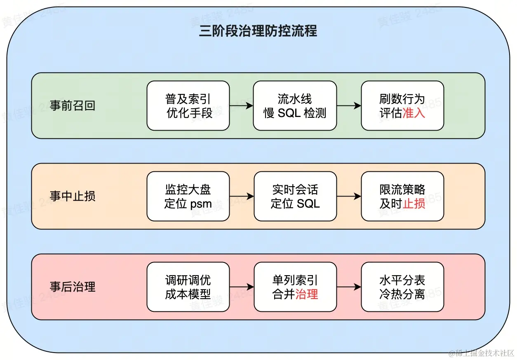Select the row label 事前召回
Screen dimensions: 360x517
[73, 106]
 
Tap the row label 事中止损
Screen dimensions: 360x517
[73, 196]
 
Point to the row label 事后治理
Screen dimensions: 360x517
[73, 287]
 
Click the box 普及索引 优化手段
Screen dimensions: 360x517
[188, 106]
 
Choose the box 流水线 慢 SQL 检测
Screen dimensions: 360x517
[295, 106]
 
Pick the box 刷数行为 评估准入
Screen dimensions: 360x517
[402, 106]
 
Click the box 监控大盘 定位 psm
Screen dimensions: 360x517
[188, 196]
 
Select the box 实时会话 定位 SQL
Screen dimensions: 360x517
[295, 196]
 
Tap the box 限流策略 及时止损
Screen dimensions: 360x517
[402, 196]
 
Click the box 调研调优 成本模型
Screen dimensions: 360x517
[188, 287]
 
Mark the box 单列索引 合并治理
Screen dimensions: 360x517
[295, 287]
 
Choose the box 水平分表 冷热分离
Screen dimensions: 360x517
[402, 287]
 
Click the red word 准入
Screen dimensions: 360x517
[414, 113]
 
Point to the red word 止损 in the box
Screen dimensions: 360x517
[414, 203]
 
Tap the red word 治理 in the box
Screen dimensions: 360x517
[307, 295]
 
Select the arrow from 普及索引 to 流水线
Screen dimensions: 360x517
[241, 106]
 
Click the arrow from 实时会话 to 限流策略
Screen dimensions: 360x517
[349, 196]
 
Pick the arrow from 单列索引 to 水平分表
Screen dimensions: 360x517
[349, 287]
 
